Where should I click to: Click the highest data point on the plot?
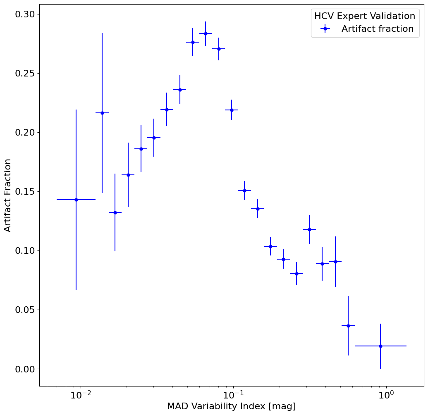[206, 33]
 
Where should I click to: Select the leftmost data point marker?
[76, 200]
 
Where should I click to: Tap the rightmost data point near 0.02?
[380, 346]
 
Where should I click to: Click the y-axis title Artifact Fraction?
[8, 195]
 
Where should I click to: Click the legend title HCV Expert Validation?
[365, 16]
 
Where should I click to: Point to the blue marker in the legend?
[325, 29]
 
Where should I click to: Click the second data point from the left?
[102, 113]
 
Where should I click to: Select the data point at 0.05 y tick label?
[348, 326]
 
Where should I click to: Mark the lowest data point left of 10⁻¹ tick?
[115, 212]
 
